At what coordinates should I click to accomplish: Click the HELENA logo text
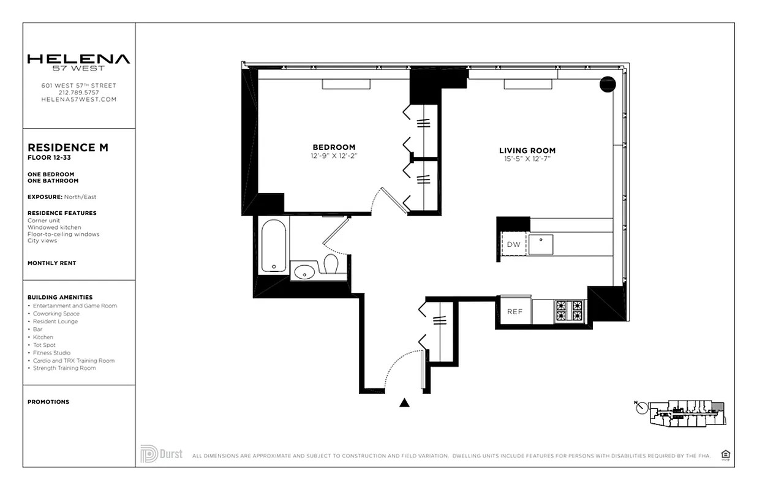[78, 60]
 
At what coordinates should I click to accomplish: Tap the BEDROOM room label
[334, 147]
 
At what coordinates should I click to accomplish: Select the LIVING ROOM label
[527, 151]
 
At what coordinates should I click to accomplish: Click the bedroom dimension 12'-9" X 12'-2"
[334, 156]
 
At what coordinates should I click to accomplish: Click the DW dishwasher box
[514, 245]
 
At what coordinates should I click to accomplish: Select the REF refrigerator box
[514, 311]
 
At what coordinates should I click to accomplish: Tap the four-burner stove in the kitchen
[569, 311]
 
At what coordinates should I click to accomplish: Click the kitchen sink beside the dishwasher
[541, 244]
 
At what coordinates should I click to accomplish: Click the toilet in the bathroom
[331, 265]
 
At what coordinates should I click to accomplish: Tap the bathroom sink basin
[304, 271]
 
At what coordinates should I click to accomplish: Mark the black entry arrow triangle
[404, 402]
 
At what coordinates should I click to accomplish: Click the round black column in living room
[607, 85]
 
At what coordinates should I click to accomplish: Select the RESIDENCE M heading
[68, 148]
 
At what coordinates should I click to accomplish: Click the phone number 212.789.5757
[78, 92]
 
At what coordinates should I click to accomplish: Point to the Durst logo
[162, 454]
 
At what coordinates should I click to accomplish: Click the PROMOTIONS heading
[48, 402]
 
